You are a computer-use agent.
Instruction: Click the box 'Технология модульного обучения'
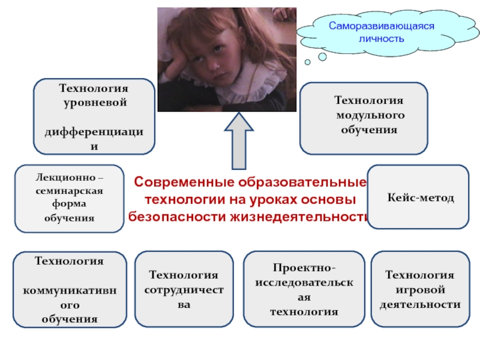click(364, 118)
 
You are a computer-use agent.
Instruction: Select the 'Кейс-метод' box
click(418, 197)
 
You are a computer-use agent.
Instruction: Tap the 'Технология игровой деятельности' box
click(419, 290)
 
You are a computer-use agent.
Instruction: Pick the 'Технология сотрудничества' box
click(184, 290)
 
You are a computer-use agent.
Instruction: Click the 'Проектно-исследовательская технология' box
click(304, 290)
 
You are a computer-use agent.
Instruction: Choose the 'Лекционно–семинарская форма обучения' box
click(69, 199)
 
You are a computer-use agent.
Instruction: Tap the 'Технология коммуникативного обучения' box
click(69, 290)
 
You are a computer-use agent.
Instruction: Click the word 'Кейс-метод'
click(420, 197)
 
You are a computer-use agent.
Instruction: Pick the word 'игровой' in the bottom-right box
click(420, 290)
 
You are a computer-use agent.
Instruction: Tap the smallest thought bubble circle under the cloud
click(307, 61)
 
